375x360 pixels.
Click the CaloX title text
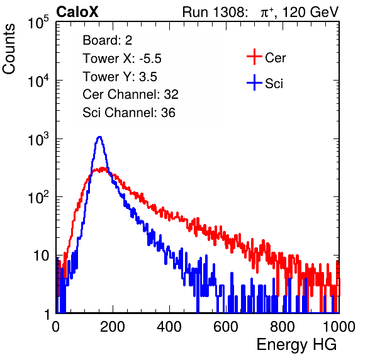(77, 12)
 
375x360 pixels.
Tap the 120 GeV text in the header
(310, 12)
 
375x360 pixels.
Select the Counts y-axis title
(9, 49)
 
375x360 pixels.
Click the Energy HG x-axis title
(296, 345)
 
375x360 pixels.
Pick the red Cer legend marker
(254, 57)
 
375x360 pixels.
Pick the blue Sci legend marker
(254, 82)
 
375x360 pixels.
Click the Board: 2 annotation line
(108, 40)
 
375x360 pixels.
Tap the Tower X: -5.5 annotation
(122, 59)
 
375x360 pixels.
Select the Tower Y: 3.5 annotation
(120, 77)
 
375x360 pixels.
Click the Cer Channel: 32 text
(131, 94)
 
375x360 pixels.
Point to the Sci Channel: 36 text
(129, 113)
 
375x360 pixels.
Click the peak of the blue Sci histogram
(100, 137)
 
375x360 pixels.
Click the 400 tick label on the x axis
(169, 327)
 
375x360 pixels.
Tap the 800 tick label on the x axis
(283, 327)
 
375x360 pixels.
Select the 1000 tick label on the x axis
(339, 327)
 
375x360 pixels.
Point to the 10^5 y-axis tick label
(38, 22)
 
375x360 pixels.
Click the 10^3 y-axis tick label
(38, 139)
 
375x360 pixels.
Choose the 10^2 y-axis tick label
(38, 198)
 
